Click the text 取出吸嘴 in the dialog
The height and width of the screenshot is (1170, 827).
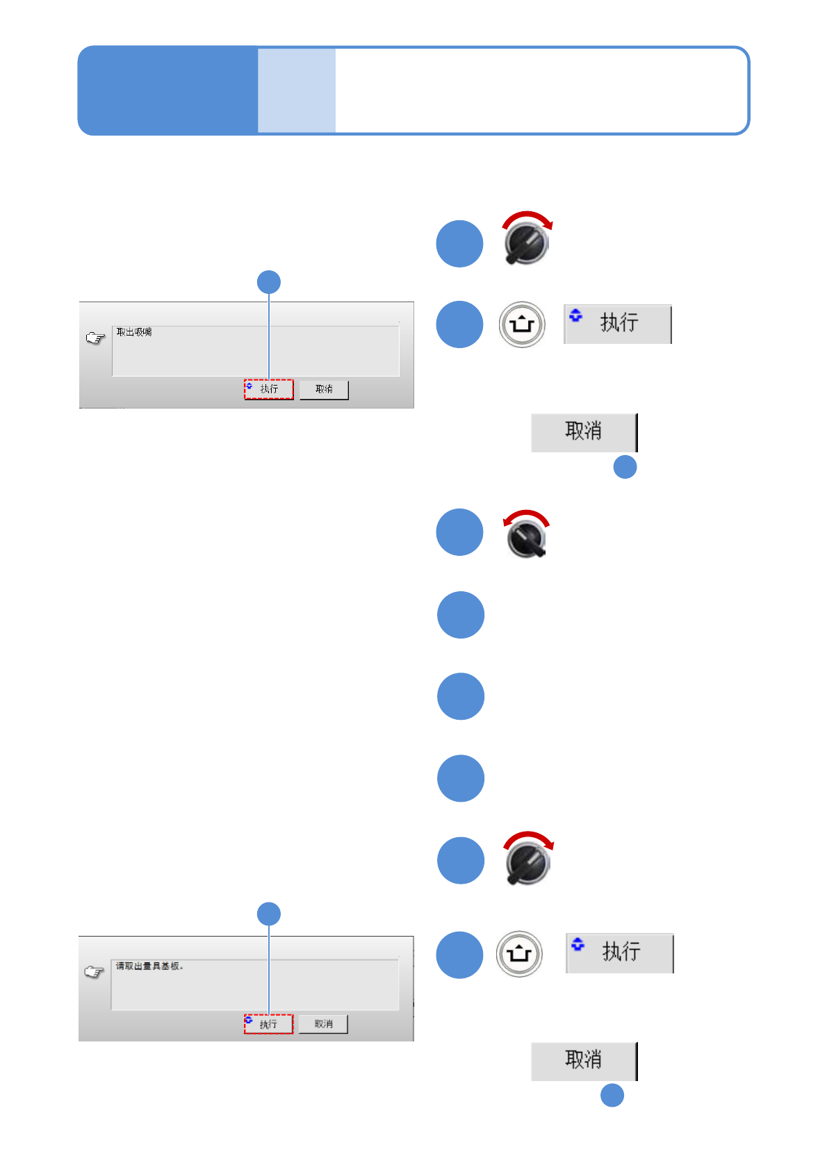click(x=134, y=332)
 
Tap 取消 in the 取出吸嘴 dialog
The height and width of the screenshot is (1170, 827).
click(x=324, y=390)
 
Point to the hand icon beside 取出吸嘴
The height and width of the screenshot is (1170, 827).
click(x=95, y=338)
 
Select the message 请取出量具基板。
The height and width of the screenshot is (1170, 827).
click(x=149, y=966)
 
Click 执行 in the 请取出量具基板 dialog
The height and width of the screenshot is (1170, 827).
click(x=269, y=1024)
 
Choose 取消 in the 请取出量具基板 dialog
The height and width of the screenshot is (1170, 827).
click(x=323, y=1024)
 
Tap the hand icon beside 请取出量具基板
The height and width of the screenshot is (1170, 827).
click(x=94, y=972)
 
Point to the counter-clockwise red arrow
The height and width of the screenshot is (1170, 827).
click(x=525, y=516)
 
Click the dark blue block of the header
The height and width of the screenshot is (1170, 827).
click(x=167, y=90)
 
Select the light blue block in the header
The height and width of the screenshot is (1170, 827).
click(x=297, y=90)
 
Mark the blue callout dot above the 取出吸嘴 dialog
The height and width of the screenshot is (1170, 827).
click(x=269, y=282)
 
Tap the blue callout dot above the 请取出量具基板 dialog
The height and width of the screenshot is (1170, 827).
click(x=269, y=914)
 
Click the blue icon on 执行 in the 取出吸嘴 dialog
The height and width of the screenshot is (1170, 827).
click(x=249, y=386)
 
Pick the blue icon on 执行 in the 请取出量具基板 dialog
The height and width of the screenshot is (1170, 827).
click(x=248, y=1020)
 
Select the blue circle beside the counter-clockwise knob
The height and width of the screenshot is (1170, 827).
click(x=459, y=532)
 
